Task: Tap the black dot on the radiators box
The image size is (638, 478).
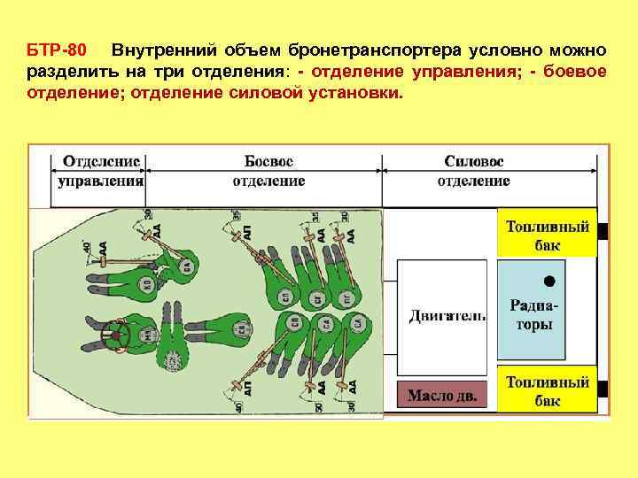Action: click(x=549, y=281)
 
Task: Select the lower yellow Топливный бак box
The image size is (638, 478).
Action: click(x=547, y=389)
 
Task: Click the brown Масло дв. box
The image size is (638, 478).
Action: click(x=441, y=396)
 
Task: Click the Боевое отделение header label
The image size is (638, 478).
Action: click(x=268, y=171)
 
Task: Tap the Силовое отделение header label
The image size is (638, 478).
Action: click(x=473, y=171)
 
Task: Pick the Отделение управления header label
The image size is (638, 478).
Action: click(x=101, y=171)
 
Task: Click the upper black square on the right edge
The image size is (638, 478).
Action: click(x=603, y=233)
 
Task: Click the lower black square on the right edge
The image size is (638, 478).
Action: click(x=603, y=388)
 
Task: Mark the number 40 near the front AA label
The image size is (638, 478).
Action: click(x=87, y=250)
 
